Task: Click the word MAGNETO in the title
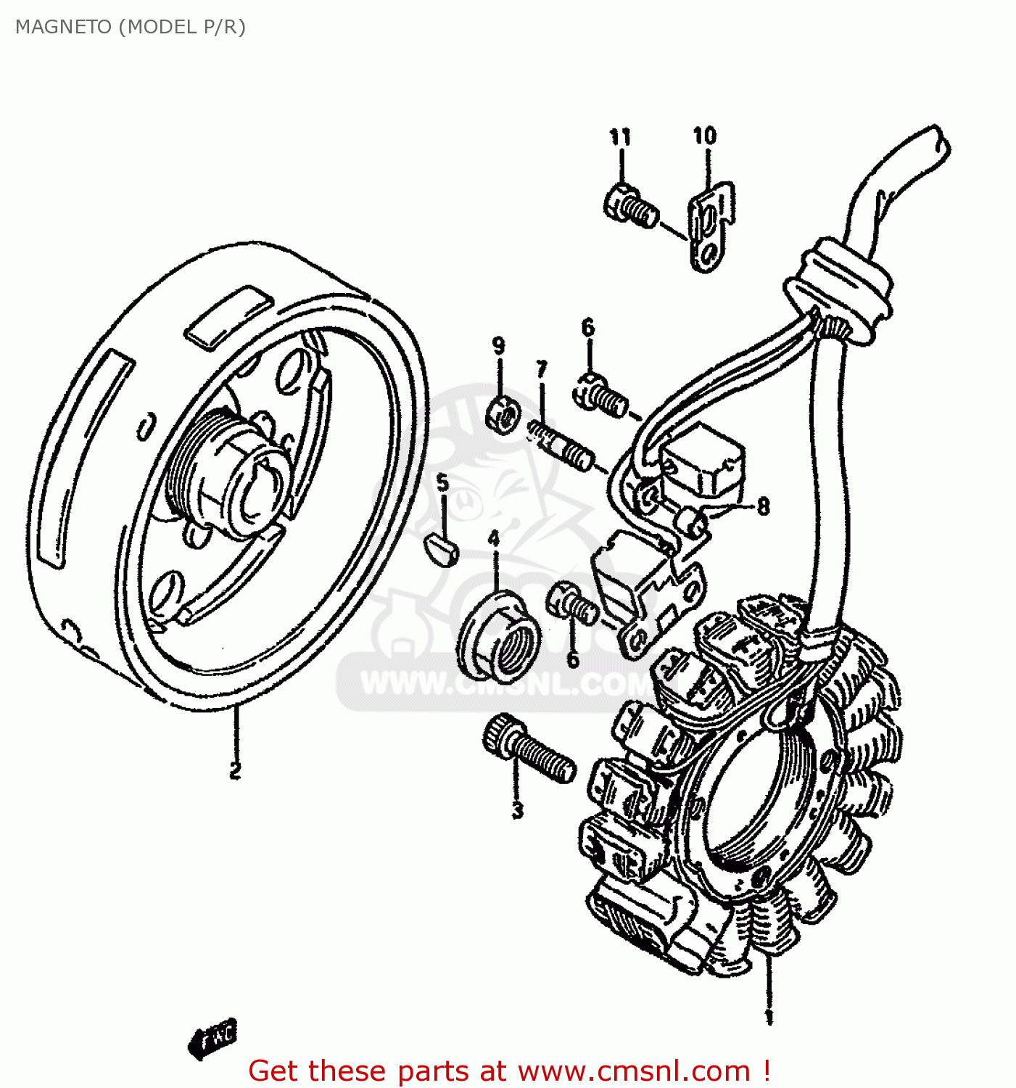tap(64, 27)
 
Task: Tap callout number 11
tap(619, 136)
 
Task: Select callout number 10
tap(704, 136)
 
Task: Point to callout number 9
tap(499, 346)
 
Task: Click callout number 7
tap(542, 369)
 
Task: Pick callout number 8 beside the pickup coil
tap(762, 506)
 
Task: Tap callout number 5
tap(442, 483)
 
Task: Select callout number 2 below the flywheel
tap(235, 770)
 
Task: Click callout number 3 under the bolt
tap(517, 809)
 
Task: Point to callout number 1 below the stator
tap(769, 1017)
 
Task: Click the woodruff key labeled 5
tap(441, 549)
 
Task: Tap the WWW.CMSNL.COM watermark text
tap(508, 683)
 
